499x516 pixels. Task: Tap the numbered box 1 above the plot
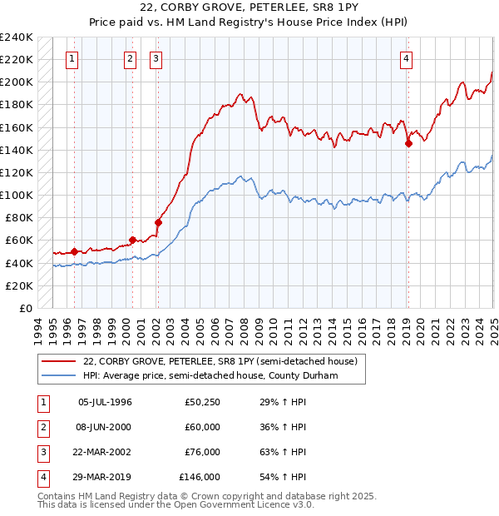pyautogui.click(x=73, y=58)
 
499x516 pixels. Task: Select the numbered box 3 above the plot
pyautogui.click(x=156, y=58)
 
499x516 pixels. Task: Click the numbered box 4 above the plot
pyautogui.click(x=406, y=58)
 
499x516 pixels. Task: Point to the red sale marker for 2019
pyautogui.click(x=408, y=143)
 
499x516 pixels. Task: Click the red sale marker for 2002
pyautogui.click(x=158, y=222)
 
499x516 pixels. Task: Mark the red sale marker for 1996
pyautogui.click(x=74, y=251)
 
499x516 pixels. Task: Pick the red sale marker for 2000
pyautogui.click(x=132, y=240)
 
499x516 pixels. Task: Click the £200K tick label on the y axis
pyautogui.click(x=17, y=82)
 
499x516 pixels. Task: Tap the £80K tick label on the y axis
pyautogui.click(x=19, y=217)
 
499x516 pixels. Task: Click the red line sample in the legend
pyautogui.click(x=60, y=361)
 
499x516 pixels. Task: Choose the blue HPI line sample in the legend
pyautogui.click(x=60, y=375)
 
